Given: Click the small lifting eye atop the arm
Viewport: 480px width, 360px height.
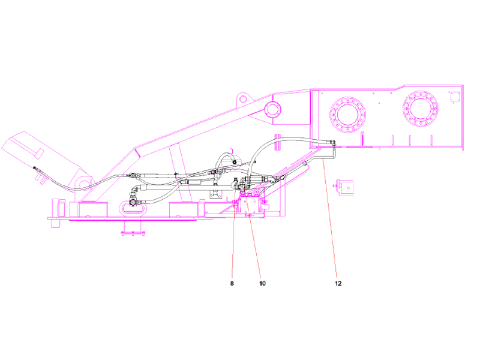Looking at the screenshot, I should pyautogui.click(x=242, y=97).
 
